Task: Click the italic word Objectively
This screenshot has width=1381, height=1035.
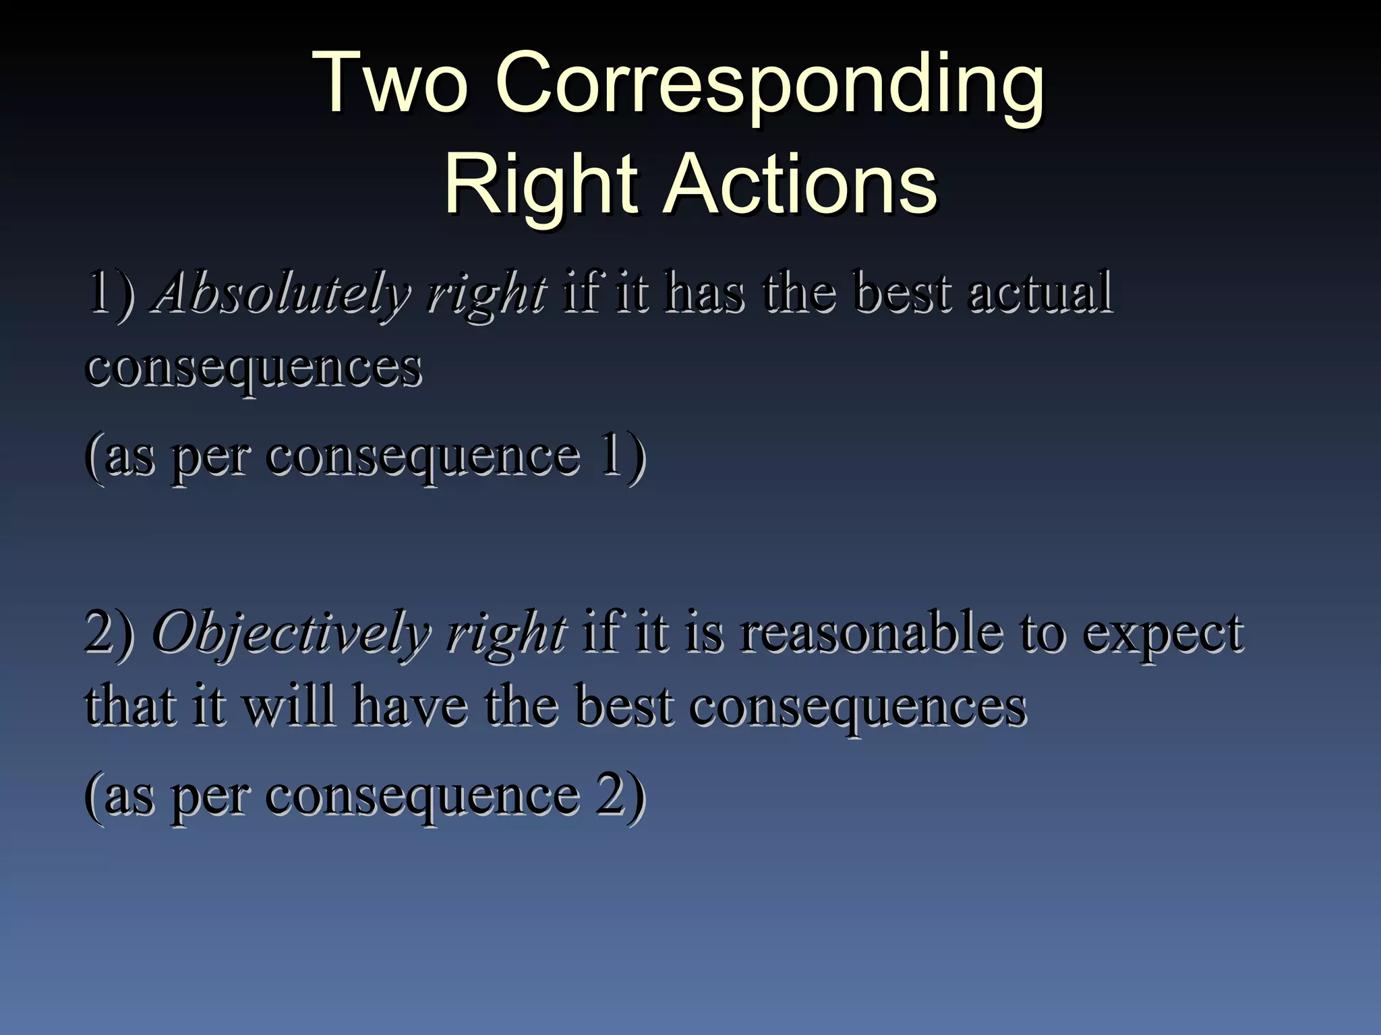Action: (291, 633)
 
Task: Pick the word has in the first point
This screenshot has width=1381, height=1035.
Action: (705, 292)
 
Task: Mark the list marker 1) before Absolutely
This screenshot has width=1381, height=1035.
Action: (111, 294)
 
